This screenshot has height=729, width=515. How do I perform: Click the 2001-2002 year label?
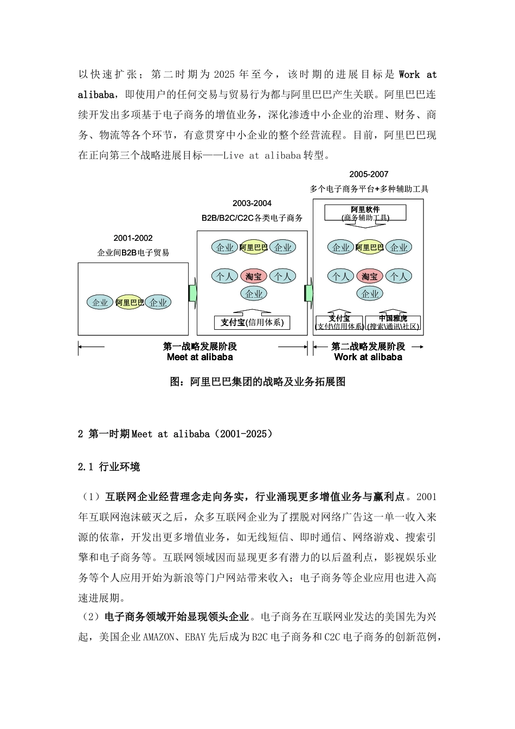coord(133,238)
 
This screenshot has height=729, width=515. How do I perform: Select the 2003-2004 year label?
coord(252,203)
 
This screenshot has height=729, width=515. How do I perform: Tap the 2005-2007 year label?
coord(369,174)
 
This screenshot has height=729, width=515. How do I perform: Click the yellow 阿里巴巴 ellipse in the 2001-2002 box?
coord(130,303)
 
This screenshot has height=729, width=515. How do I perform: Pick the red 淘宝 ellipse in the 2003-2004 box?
coord(253,277)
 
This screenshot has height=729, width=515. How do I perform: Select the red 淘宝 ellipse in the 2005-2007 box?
coord(370,277)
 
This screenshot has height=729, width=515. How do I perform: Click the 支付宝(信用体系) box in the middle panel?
coord(252,323)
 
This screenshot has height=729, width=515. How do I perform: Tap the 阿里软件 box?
coord(365,213)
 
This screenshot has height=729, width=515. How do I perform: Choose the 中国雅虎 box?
coord(393,323)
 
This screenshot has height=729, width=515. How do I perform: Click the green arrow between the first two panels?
coord(192,292)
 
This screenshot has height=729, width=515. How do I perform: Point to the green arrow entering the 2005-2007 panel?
coord(309,292)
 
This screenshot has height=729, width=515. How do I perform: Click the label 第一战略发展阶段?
coord(200,346)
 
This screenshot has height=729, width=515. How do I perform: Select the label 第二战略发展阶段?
coord(368,346)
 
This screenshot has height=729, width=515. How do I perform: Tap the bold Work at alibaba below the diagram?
coord(368,357)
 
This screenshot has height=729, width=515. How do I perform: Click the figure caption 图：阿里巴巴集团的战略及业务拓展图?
coord(257,382)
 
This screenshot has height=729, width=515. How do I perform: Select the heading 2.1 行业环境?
coord(109,467)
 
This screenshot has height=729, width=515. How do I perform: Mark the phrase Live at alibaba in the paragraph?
coord(262,156)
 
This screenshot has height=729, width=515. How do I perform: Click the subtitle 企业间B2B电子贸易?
coord(133,253)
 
